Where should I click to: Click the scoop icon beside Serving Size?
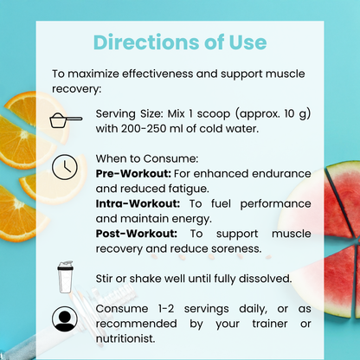(x=66, y=120)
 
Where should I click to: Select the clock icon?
(x=65, y=167)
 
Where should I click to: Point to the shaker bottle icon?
(x=65, y=277)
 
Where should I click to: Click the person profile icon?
(x=65, y=318)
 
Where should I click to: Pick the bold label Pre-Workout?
(x=133, y=174)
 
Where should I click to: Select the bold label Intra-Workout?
(x=138, y=203)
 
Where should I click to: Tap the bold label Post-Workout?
(x=137, y=234)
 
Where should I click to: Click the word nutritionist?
(x=125, y=338)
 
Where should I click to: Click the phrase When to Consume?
(x=147, y=158)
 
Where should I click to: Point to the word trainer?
(x=270, y=324)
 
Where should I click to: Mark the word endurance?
(x=281, y=174)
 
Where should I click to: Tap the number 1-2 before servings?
(x=166, y=309)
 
